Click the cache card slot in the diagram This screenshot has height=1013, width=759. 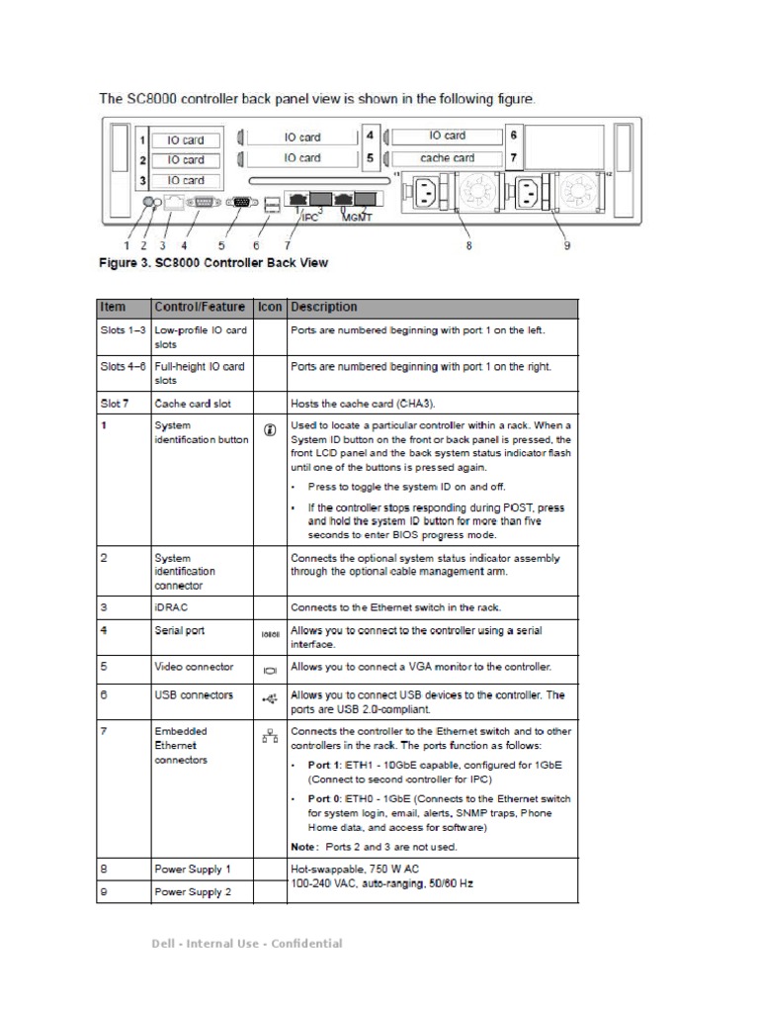(x=447, y=157)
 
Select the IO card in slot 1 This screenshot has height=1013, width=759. (x=186, y=139)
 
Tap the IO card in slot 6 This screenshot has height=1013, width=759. (x=447, y=136)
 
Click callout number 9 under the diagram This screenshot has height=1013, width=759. (x=567, y=245)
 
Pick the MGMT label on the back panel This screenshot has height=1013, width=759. (x=357, y=217)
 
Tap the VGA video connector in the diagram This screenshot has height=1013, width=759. (x=238, y=201)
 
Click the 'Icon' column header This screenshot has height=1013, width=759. (x=269, y=308)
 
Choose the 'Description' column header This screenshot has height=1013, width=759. (x=324, y=308)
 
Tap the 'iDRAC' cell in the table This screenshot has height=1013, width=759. (x=170, y=607)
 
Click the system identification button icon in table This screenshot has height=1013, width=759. (x=270, y=432)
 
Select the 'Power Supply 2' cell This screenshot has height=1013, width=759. (x=193, y=892)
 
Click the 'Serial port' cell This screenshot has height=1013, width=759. (x=180, y=631)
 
